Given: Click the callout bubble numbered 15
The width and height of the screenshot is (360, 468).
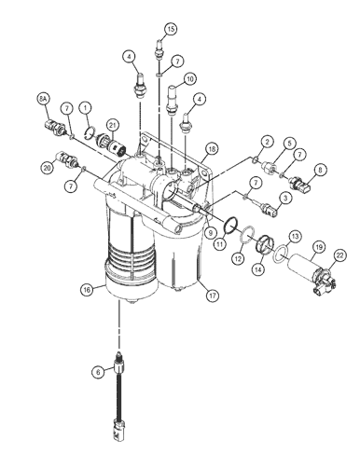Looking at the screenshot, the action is [171, 29].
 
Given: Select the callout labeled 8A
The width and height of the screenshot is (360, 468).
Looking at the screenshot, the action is [43, 99].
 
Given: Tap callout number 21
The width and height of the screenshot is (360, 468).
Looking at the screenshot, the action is [112, 125].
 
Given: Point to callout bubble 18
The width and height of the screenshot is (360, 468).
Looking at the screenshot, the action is [212, 149].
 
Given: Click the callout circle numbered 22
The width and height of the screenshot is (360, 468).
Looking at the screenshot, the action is [339, 255].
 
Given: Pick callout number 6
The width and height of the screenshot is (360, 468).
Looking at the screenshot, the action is [98, 372].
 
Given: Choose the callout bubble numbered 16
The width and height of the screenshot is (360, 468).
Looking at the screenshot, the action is [87, 290].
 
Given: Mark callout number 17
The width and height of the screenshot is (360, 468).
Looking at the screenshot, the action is [212, 296].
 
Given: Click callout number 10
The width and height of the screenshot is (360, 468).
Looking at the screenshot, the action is [190, 79].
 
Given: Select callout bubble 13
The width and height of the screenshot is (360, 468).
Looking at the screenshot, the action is [295, 237].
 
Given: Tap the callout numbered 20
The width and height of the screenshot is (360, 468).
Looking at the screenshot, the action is [47, 168].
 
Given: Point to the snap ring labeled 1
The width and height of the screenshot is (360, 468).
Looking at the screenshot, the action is [90, 132].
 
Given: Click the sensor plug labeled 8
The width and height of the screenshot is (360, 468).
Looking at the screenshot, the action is [299, 183].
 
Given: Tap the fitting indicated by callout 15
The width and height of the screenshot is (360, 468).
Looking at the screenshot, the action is [159, 48].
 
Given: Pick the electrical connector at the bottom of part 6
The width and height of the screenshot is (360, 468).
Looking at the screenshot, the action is [119, 430].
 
